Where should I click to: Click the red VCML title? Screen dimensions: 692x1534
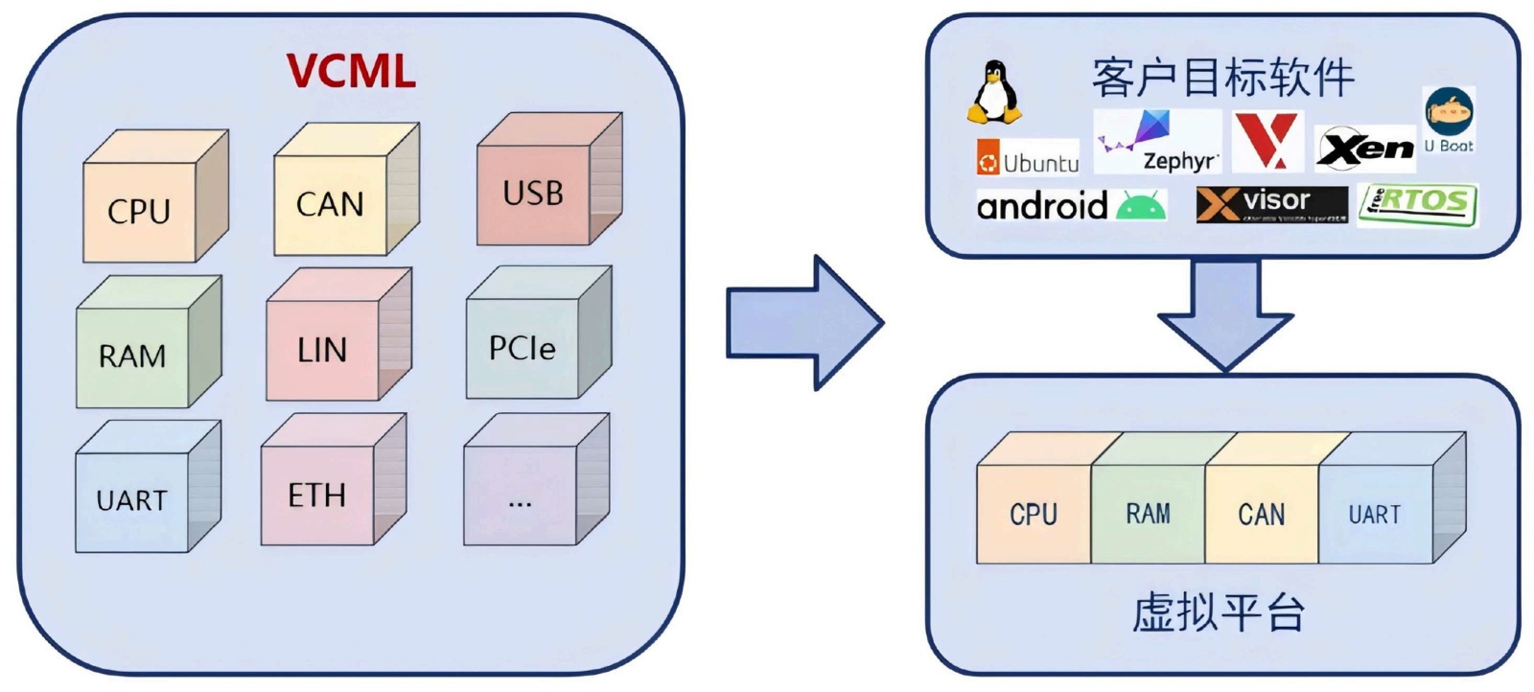(x=351, y=71)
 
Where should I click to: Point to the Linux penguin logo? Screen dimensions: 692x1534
(x=994, y=93)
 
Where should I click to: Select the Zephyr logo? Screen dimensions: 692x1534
(x=1158, y=142)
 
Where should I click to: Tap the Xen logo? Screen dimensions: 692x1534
(x=1364, y=149)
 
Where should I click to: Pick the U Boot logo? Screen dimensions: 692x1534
(x=1449, y=121)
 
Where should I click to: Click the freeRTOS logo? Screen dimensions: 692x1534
(x=1418, y=204)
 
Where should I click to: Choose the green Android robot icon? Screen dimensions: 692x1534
(x=1141, y=205)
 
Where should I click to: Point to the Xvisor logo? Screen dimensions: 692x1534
(x=1271, y=204)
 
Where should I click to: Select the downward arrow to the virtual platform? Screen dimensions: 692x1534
(x=1225, y=315)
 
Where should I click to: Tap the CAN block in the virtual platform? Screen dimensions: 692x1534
(x=1261, y=514)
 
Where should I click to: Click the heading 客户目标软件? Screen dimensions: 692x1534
(x=1222, y=78)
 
